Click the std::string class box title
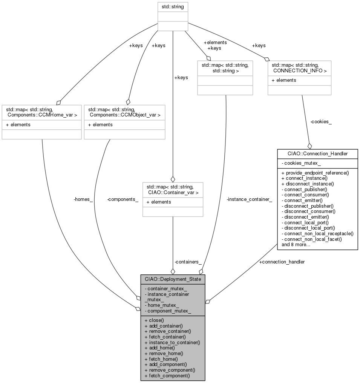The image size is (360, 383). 172,6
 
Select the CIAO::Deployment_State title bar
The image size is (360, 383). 173,279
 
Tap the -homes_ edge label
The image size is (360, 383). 83,199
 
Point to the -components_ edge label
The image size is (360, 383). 123,199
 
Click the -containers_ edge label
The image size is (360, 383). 188,262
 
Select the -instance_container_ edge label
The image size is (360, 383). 249,199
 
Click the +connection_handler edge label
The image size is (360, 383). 282,262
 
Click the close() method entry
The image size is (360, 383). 155,320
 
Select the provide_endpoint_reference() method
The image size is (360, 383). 315,173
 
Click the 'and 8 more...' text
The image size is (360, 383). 296,244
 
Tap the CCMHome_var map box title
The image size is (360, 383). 41,112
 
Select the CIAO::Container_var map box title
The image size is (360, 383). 173,190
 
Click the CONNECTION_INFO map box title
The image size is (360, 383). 299,68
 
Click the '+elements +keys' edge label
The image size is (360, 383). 215,45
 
